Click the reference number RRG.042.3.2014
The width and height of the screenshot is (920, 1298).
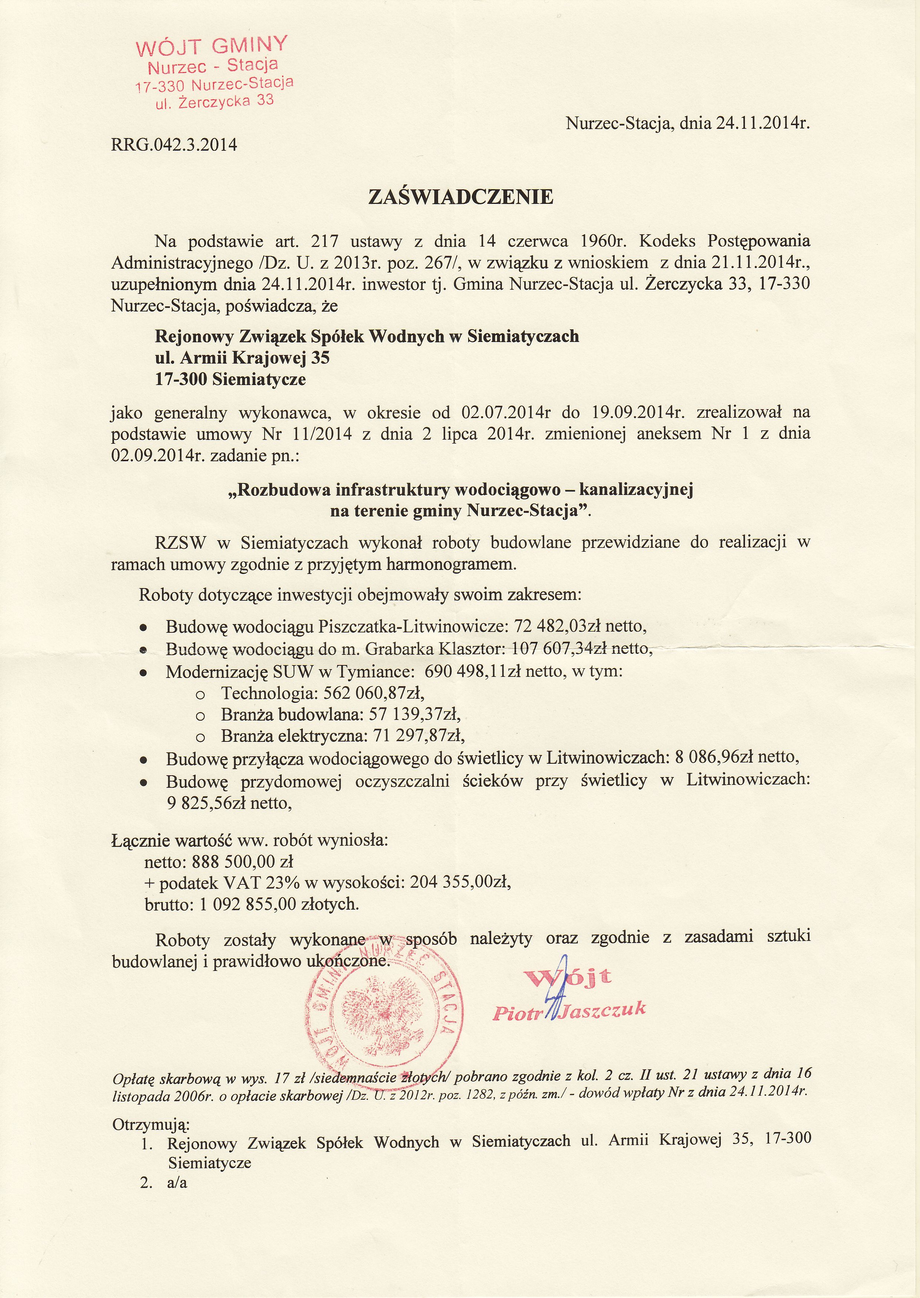pyautogui.click(x=174, y=145)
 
